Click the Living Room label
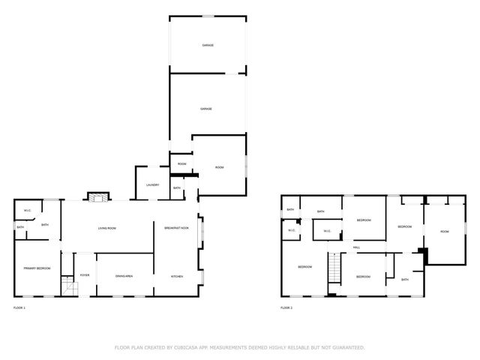pyautogui.click(x=106, y=228)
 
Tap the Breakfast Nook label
pyautogui.click(x=176, y=227)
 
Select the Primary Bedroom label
pyautogui.click(x=36, y=268)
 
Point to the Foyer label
pyautogui.click(x=85, y=275)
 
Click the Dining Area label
pyautogui.click(x=124, y=277)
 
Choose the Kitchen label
pyautogui.click(x=177, y=277)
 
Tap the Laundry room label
pyautogui.click(x=152, y=184)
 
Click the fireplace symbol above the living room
pyautogui.click(x=95, y=197)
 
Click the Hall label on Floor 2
pyautogui.click(x=357, y=247)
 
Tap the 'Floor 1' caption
pyautogui.click(x=19, y=307)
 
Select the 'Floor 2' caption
pyautogui.click(x=286, y=307)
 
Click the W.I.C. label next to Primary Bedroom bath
pyautogui.click(x=27, y=210)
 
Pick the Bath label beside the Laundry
pyautogui.click(x=177, y=188)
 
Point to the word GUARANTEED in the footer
pyautogui.click(x=348, y=347)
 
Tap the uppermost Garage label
pyautogui.click(x=208, y=46)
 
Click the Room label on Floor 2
pyautogui.click(x=445, y=232)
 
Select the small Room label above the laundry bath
pyautogui.click(x=181, y=163)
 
